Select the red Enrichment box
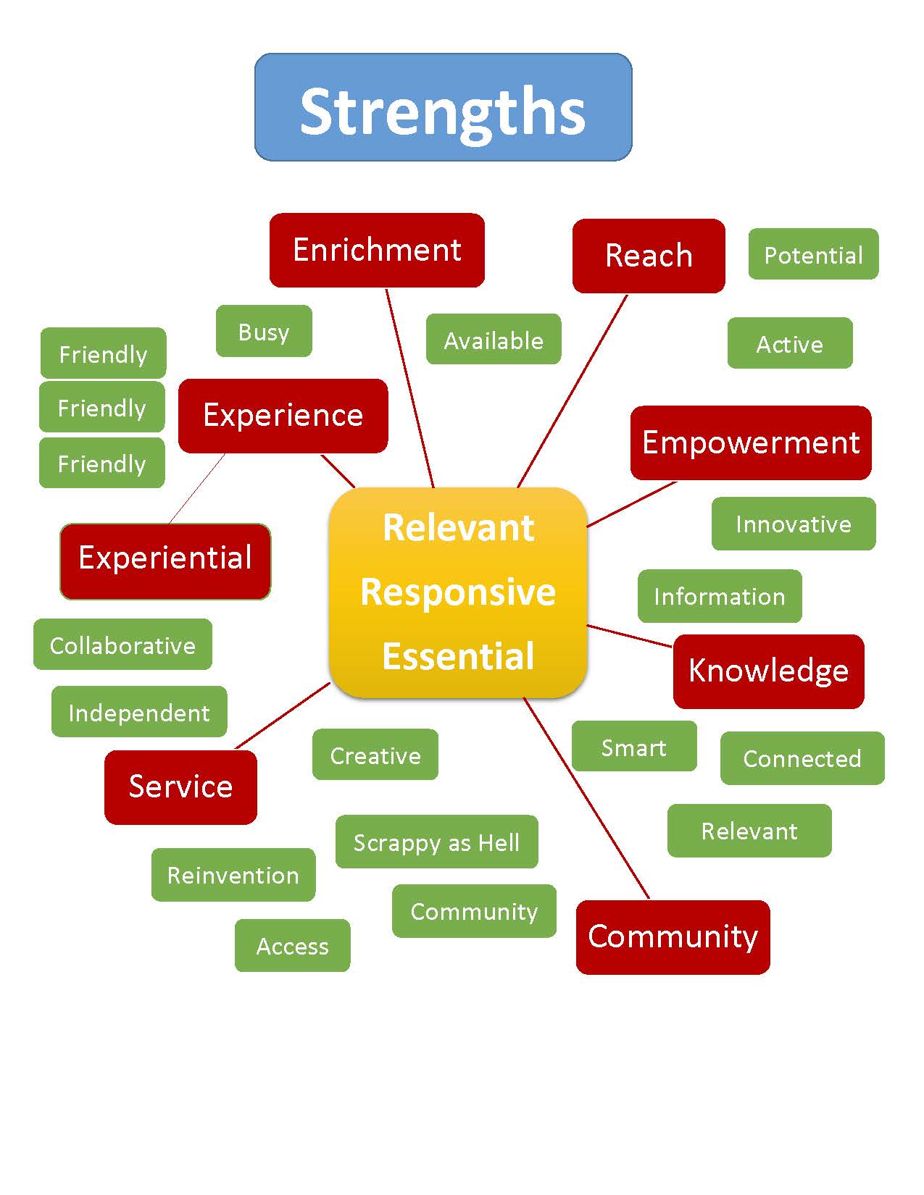377,250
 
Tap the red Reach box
649,256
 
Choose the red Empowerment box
751,443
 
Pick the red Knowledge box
768,671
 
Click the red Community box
673,937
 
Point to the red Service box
180,787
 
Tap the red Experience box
283,416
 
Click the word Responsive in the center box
458,592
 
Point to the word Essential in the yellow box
458,656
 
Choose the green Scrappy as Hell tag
436,842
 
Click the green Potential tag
813,254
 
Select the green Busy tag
264,331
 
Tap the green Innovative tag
794,524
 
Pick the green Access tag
292,946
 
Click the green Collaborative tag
122,645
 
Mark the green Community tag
474,911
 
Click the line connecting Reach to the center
573,391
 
